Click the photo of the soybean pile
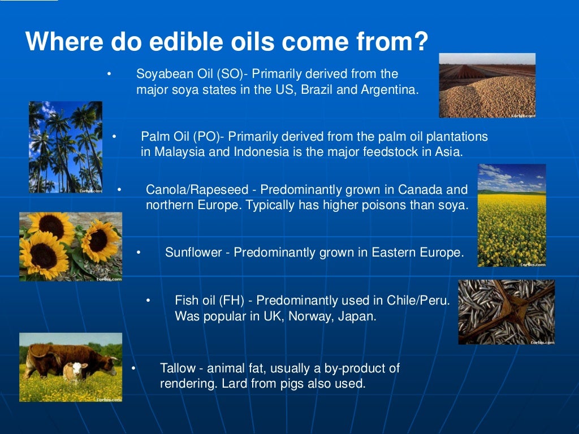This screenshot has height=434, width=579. [487, 85]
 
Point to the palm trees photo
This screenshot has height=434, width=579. [66, 147]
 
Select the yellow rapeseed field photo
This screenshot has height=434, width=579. [511, 215]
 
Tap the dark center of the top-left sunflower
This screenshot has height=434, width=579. [52, 225]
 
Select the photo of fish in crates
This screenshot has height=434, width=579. [506, 312]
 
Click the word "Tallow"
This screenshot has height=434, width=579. [177, 368]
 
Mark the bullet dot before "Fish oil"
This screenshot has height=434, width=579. [149, 301]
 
